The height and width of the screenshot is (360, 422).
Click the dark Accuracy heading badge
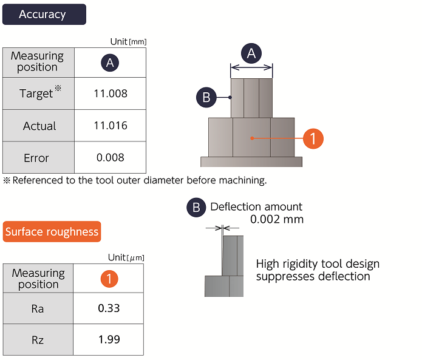44,14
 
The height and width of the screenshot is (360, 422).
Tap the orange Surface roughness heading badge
52,232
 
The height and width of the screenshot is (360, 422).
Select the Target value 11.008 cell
111,93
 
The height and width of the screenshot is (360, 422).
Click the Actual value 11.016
111,126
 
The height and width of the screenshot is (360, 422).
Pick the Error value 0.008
111,158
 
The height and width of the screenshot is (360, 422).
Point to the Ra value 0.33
109,308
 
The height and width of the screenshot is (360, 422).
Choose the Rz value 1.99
109,339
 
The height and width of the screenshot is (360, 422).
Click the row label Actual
39,126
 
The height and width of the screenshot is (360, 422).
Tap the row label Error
36,158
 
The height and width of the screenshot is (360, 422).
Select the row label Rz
38,340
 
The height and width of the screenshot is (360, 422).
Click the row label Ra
38,309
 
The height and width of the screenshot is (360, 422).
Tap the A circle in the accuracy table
110,63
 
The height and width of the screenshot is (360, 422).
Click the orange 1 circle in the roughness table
109,279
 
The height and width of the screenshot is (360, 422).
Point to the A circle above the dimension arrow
251,53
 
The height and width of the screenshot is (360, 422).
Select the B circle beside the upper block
206,97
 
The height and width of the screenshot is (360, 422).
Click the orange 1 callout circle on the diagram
313,138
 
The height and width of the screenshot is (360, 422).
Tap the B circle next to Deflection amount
196,208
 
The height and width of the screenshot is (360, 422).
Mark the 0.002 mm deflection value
277,219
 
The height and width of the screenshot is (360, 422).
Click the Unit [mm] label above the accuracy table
128,42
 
